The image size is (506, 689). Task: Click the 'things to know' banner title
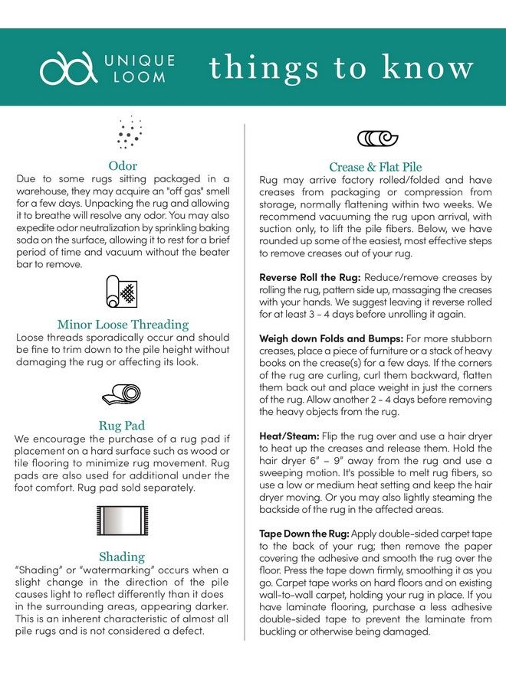pos(341,68)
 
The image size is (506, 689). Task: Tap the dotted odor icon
pos(129,132)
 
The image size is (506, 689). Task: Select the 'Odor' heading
pos(123,165)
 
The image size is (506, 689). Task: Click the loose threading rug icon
pos(123,293)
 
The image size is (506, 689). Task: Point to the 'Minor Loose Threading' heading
pos(123,325)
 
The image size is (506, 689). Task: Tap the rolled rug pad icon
pos(123,393)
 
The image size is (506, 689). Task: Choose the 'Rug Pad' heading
pos(123,426)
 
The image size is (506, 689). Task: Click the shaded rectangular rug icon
pos(123,524)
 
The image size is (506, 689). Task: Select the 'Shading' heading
pos(123,557)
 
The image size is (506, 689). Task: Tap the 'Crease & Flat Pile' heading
pos(376,167)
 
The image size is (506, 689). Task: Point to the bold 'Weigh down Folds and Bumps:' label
pos(330,338)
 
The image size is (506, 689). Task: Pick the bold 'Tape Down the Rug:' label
pos(304,532)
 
